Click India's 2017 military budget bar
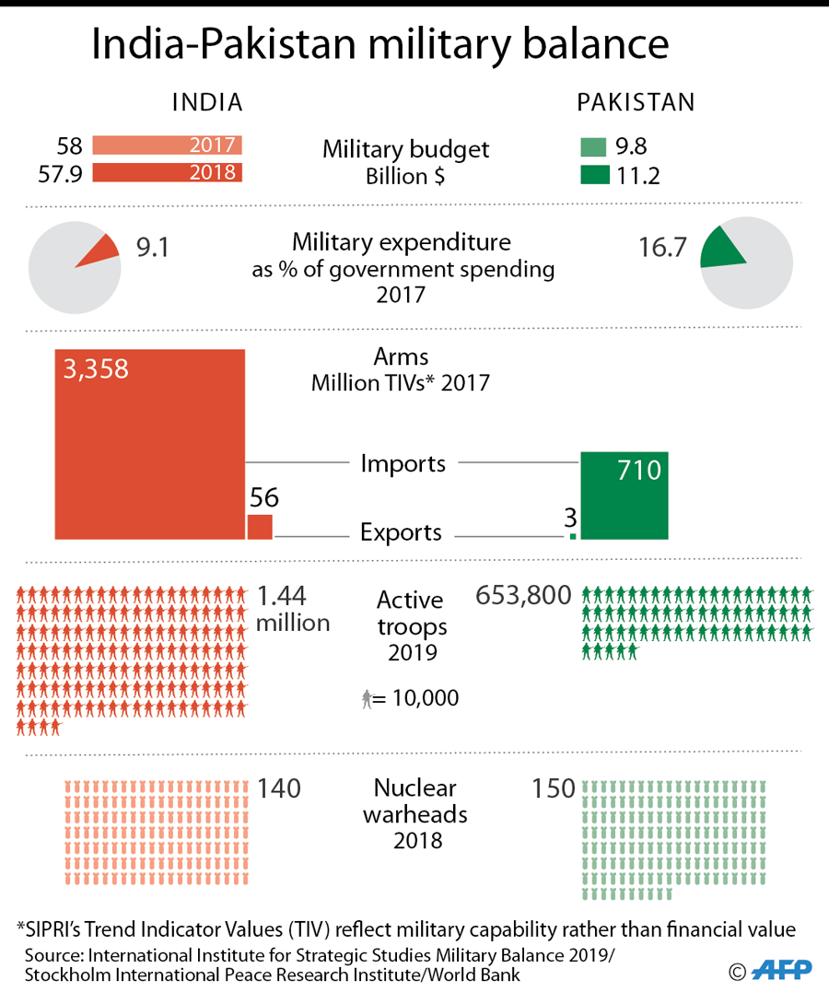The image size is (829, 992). (167, 146)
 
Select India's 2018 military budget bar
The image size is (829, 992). (167, 172)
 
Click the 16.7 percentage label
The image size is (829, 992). (663, 248)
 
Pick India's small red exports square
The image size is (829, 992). (260, 527)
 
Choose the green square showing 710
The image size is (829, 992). (624, 496)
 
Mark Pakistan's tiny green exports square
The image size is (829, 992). (573, 535)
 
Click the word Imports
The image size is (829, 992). (403, 463)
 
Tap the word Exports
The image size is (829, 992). (401, 532)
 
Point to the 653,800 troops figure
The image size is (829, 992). (523, 597)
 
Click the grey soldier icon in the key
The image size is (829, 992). (368, 700)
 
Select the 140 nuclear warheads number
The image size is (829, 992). (279, 789)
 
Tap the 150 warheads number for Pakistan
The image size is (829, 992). (553, 789)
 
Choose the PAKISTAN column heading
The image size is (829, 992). (636, 102)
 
